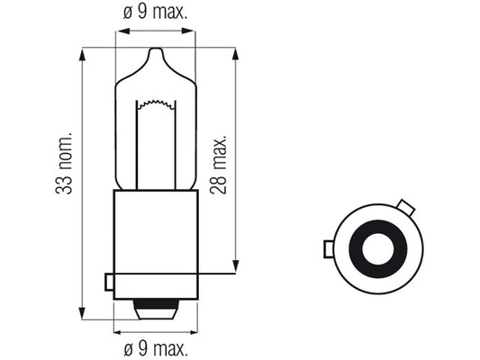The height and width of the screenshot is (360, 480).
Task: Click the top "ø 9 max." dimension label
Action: point(155,13)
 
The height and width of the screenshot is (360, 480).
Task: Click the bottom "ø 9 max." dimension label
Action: point(156,348)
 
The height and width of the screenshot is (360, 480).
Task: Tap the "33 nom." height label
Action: point(64,163)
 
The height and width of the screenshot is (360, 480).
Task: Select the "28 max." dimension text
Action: point(219,164)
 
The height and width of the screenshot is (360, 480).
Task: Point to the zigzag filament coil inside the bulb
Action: point(156,104)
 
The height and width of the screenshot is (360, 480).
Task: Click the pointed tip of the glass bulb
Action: point(156,48)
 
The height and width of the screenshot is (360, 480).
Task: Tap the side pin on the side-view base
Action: point(109,282)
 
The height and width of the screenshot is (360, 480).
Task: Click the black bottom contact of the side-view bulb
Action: point(156,304)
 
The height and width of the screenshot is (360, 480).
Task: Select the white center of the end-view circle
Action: point(377,248)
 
